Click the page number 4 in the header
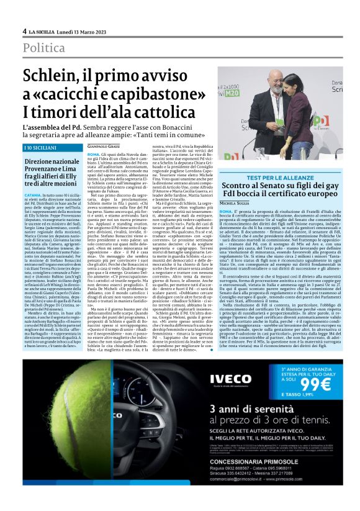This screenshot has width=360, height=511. (x=24, y=31)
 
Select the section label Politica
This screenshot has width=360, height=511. (x=44, y=48)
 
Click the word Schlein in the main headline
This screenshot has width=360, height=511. (x=49, y=77)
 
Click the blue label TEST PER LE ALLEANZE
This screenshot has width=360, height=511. (x=272, y=178)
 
